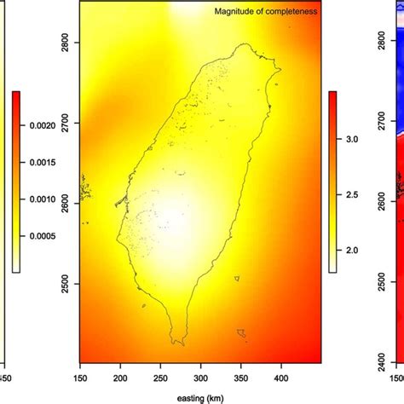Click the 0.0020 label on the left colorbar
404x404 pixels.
point(37,124)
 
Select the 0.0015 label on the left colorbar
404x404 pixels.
point(37,162)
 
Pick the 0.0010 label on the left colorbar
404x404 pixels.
point(37,199)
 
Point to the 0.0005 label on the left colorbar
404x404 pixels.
point(37,236)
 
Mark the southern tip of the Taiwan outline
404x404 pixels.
point(178,342)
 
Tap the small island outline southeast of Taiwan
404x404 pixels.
point(243,332)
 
